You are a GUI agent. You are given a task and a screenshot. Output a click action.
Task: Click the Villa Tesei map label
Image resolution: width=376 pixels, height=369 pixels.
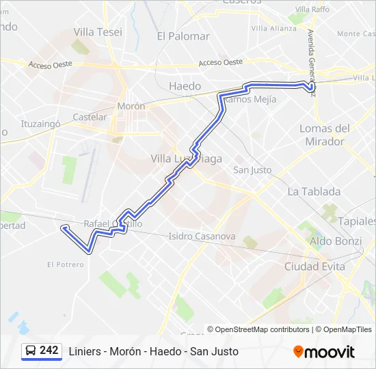click(98, 32)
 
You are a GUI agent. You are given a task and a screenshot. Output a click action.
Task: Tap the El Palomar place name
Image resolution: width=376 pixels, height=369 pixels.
click(183, 36)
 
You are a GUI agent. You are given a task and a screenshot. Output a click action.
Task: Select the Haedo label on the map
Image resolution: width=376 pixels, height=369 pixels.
click(185, 86)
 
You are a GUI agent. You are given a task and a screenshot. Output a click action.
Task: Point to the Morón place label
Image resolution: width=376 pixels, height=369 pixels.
click(131, 107)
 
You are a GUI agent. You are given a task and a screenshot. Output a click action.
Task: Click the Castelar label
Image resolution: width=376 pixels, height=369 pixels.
click(90, 117)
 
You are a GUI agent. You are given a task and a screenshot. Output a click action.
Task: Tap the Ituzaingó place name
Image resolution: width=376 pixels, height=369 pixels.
click(41, 124)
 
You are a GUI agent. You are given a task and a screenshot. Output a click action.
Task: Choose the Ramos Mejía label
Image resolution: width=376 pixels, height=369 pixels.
click(250, 99)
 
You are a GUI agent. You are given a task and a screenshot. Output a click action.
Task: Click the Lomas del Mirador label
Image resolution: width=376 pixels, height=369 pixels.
click(325, 135)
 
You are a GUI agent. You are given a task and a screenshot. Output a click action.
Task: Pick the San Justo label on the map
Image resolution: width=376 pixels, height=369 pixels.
click(252, 169)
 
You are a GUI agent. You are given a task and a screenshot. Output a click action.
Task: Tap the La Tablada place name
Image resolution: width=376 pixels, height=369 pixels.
click(314, 191)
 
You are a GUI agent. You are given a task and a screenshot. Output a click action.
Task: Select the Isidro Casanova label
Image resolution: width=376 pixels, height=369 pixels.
click(202, 236)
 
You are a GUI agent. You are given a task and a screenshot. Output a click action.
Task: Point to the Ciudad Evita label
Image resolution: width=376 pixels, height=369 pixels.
click(314, 266)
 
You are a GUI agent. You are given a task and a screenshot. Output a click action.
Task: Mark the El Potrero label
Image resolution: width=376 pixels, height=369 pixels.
click(66, 264)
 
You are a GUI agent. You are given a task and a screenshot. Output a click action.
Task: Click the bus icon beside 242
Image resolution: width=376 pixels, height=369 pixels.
click(31, 351)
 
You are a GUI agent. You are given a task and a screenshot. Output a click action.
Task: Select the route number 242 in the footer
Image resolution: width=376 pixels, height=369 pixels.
click(49, 350)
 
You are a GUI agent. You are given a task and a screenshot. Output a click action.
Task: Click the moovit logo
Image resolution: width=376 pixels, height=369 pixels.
click(324, 352)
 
